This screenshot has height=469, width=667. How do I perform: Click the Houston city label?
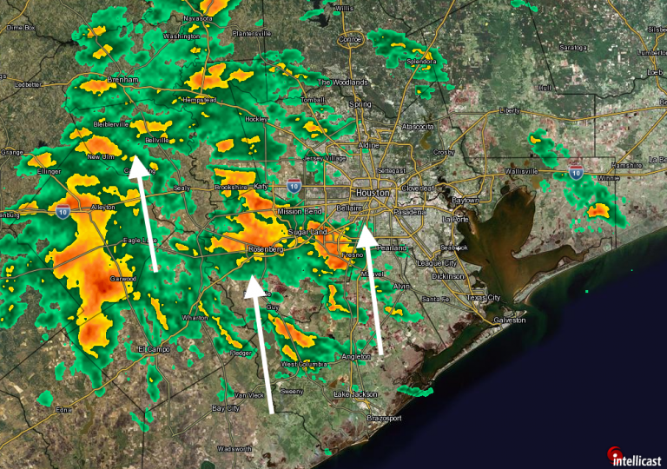click(373, 192)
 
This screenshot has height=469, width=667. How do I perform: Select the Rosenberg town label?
click(267, 250)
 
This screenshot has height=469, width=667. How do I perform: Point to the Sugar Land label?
click(308, 234)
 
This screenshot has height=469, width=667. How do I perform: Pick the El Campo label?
click(152, 348)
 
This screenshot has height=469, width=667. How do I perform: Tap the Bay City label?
click(226, 407)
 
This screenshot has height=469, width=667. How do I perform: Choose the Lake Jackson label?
click(356, 394)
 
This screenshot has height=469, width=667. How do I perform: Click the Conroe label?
click(349, 39)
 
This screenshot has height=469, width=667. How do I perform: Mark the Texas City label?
click(483, 298)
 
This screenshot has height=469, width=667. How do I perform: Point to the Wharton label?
click(195, 318)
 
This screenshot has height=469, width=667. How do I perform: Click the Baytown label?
click(466, 200)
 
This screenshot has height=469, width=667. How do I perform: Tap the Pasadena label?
click(409, 212)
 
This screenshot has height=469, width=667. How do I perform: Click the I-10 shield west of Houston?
click(294, 186)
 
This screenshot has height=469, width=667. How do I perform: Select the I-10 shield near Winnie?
click(576, 172)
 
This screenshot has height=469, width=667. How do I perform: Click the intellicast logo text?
click(639, 458)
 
